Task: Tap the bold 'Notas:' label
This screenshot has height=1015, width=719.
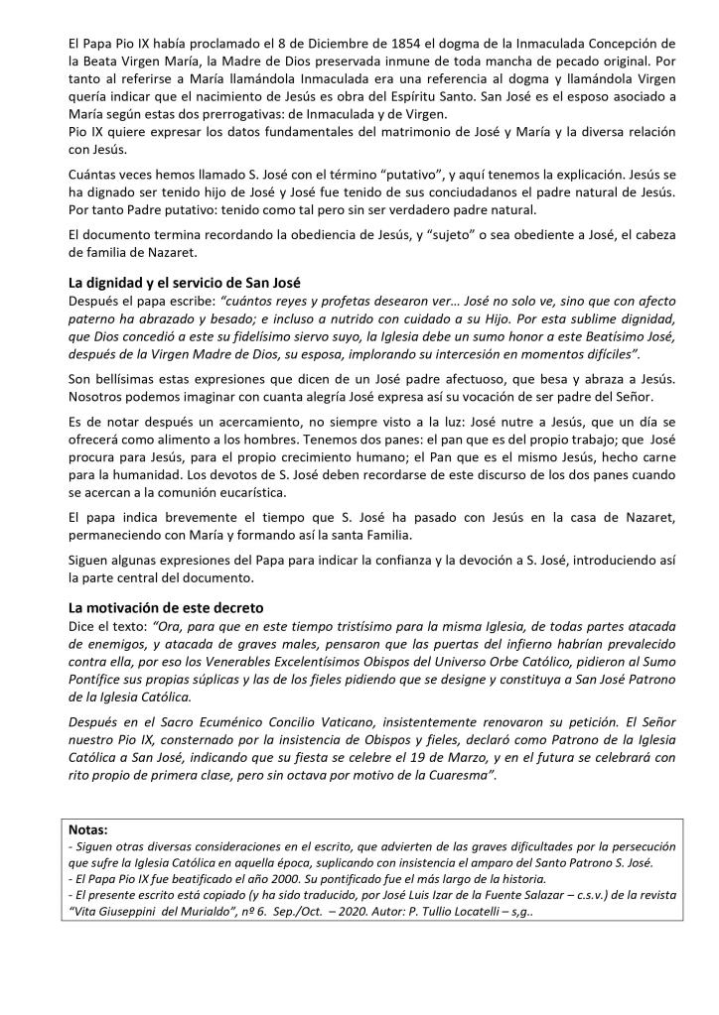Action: [x=90, y=827]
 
